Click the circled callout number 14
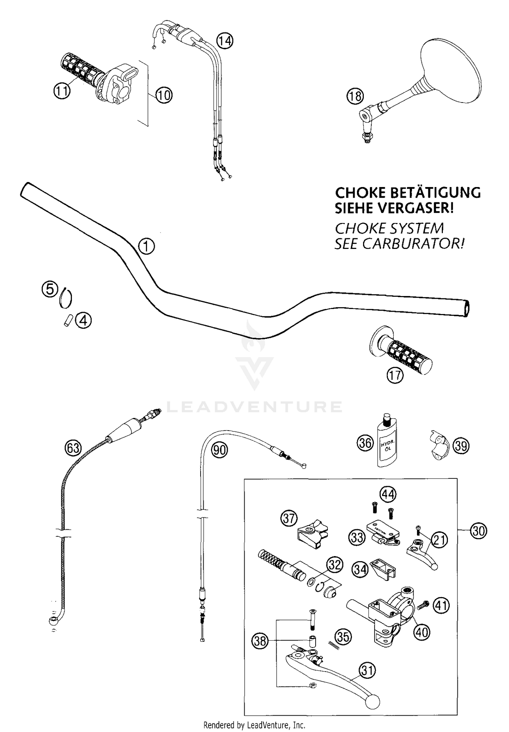[x=225, y=41]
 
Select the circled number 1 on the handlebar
[x=146, y=246]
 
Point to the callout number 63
[x=73, y=448]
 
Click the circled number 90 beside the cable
[x=219, y=450]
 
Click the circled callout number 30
[x=478, y=531]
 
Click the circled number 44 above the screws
[x=388, y=495]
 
